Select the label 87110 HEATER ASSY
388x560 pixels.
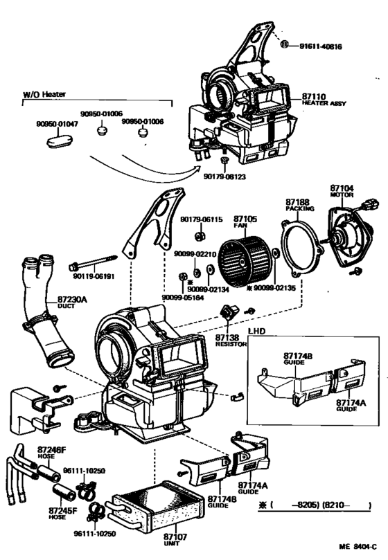323,99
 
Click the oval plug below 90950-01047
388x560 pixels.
53,141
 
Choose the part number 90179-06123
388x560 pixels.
224,177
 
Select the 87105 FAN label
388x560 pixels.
244,222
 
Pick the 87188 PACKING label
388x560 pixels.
299,204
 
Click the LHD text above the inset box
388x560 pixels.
258,331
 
